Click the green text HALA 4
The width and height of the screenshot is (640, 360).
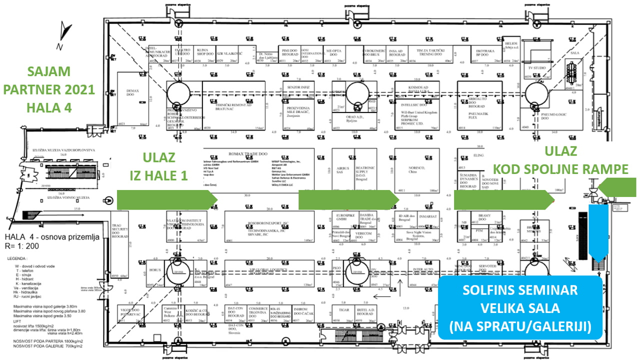[49, 107]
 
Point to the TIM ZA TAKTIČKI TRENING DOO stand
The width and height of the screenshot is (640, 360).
[430, 52]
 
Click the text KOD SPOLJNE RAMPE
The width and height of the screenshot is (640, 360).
[561, 170]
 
